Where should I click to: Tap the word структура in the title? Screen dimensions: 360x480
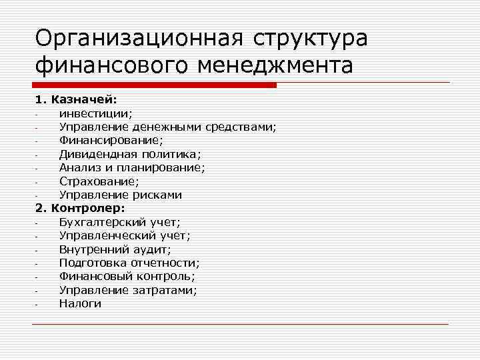click(310, 39)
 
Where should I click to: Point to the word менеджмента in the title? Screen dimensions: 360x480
click(274, 67)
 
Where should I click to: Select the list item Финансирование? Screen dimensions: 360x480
click(111, 140)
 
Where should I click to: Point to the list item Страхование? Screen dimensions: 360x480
click(99, 181)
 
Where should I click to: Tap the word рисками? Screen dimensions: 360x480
click(157, 195)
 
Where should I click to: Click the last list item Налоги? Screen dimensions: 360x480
click(80, 303)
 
